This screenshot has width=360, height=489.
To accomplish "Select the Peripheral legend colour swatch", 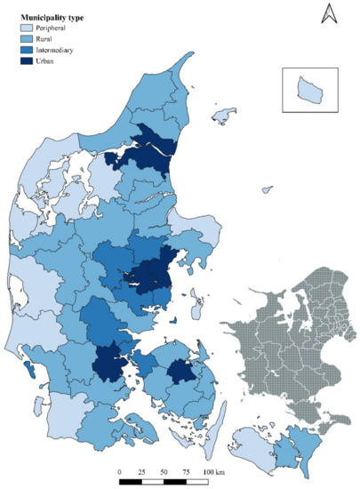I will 29,28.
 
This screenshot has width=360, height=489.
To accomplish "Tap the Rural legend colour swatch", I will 29,40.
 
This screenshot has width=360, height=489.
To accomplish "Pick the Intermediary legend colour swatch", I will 29,51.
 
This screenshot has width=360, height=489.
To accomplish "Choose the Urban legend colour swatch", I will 29,62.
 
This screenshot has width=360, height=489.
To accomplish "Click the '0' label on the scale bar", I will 118,469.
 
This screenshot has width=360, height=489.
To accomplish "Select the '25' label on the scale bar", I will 141,469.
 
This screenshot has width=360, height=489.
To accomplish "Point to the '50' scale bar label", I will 164,469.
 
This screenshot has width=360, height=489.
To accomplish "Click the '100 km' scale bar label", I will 214,469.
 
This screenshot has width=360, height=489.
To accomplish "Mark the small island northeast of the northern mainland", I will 226,116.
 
